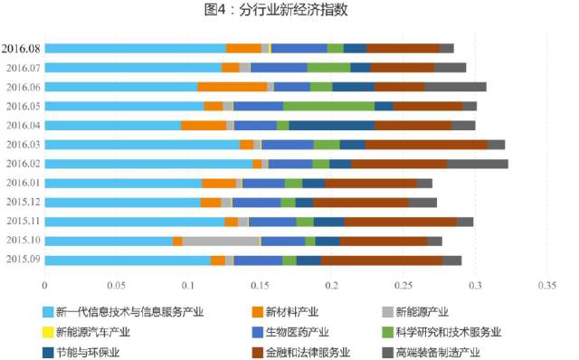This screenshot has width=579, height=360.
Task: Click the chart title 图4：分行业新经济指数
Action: point(289,11)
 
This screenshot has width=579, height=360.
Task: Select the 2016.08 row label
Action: point(20,48)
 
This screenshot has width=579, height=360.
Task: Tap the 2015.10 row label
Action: point(22,241)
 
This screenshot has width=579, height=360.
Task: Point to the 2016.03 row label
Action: point(22,145)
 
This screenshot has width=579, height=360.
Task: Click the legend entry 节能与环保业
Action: point(86,352)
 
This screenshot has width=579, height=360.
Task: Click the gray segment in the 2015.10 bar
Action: point(221,241)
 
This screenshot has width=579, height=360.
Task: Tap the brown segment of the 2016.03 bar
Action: point(426,145)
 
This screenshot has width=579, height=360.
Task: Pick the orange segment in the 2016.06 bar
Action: point(232,87)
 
